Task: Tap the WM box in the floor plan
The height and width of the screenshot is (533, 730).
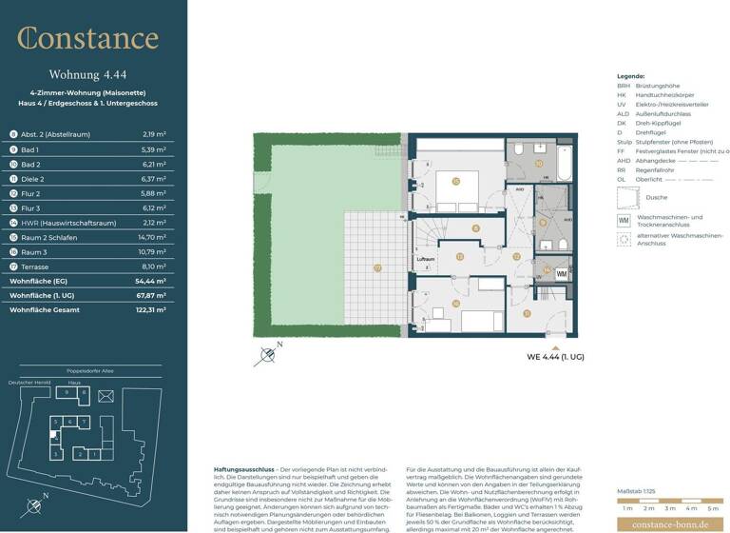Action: pos(561,274)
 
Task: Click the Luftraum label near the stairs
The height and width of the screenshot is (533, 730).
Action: pos(427,258)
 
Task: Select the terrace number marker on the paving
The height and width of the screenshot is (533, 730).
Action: pos(377,268)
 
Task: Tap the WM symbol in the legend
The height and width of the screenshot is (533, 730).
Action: pos(624,220)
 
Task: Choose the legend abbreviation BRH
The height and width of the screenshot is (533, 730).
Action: pos(624,85)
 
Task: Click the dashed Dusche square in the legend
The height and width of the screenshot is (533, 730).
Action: pos(626,197)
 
